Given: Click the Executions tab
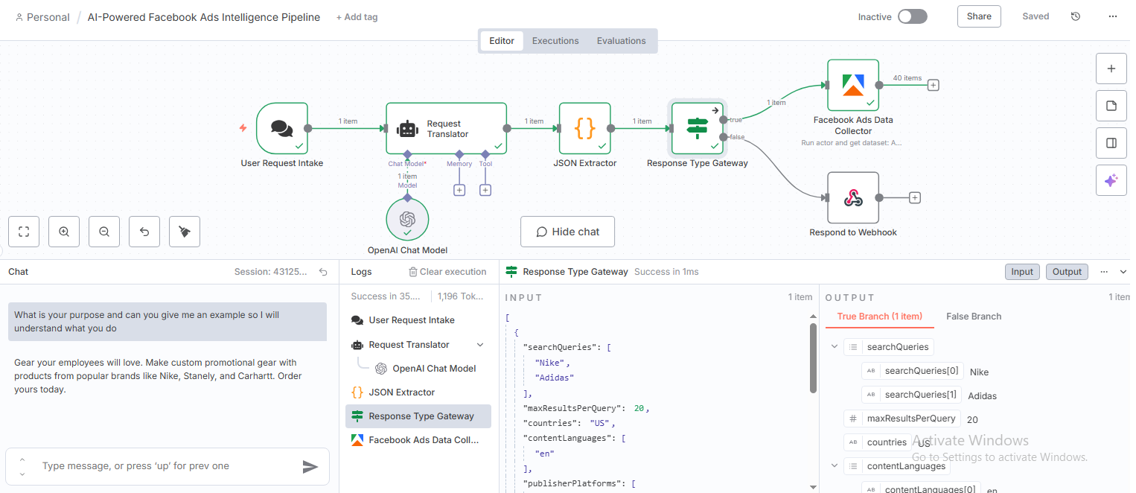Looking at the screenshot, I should tap(555, 41).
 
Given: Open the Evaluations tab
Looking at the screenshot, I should tap(621, 41).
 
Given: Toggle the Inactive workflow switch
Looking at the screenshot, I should tap(912, 16).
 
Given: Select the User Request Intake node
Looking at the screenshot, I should tap(281, 128).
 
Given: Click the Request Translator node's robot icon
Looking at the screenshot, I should tap(407, 129).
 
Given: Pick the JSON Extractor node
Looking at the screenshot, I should tap(585, 128).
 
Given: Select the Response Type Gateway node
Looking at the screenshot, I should tap(698, 128).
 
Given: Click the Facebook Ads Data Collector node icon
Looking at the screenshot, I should tap(853, 85).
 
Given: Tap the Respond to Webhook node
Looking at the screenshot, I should tap(853, 197).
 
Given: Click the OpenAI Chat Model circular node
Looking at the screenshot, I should tap(407, 219).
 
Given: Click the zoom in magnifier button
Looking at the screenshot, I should tap(64, 232).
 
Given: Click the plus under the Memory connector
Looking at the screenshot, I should tap(459, 190).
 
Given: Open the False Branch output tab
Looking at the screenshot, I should tap(973, 317).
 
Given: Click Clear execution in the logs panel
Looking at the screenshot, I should tap(447, 272).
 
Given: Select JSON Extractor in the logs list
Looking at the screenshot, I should tap(401, 392).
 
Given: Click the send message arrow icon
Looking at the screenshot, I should tap(310, 467).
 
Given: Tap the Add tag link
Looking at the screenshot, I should tap(357, 17).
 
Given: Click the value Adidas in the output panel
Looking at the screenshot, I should tap(983, 395).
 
